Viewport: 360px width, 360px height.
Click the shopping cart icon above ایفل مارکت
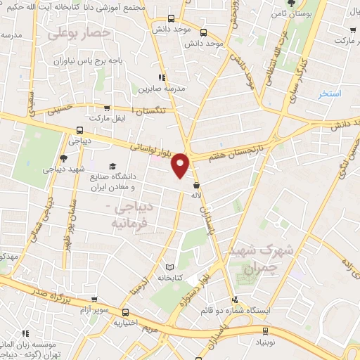[x=106, y=108]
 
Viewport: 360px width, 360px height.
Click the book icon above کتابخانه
[x=169, y=267]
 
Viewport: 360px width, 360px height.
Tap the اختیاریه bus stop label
[x=127, y=324]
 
